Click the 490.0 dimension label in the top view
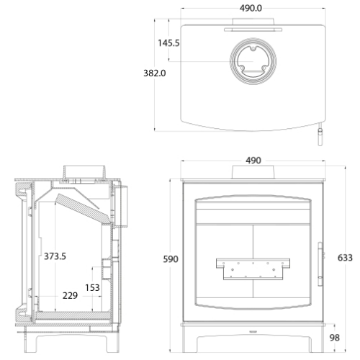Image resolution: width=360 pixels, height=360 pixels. [251, 8]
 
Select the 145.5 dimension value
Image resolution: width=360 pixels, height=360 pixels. [168, 43]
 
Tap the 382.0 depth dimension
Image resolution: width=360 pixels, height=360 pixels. [155, 73]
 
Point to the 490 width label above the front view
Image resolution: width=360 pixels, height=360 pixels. [253, 161]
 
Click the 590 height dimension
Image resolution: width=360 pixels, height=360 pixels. [171, 259]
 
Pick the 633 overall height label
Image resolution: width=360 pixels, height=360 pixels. [345, 258]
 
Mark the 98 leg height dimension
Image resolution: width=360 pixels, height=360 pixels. [335, 338]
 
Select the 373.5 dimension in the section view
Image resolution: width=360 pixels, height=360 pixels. [55, 256]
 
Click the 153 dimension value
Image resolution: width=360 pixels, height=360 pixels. [92, 287]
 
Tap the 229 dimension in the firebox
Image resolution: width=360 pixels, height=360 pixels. [70, 296]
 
